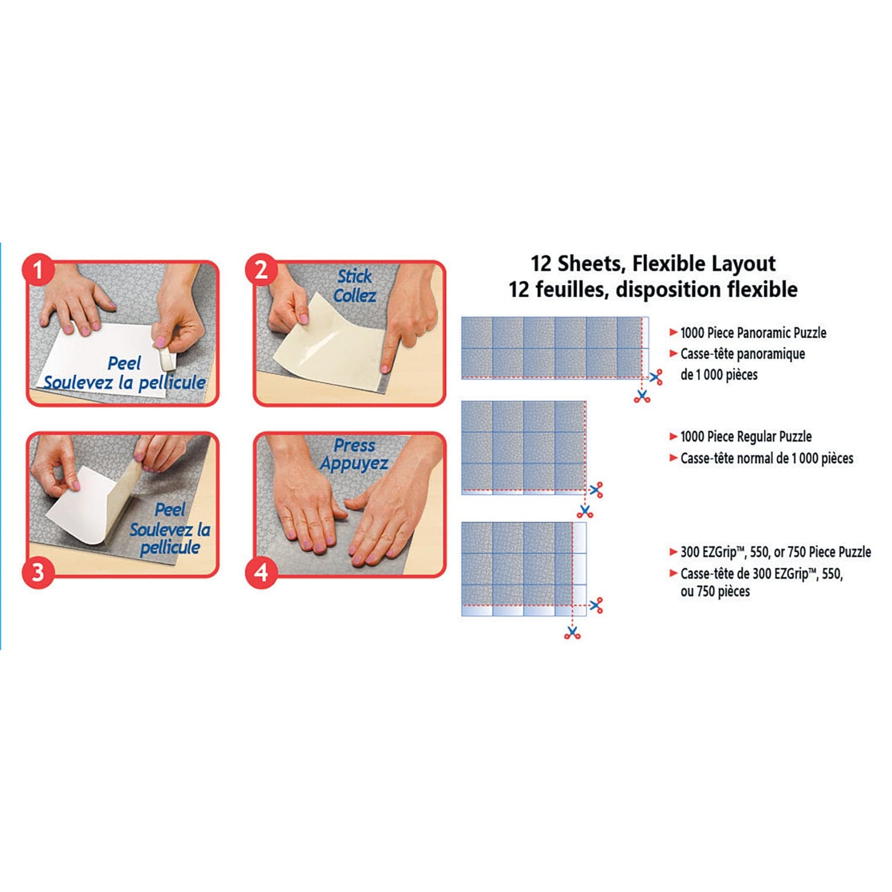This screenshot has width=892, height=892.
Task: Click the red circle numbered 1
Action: pyautogui.click(x=38, y=271)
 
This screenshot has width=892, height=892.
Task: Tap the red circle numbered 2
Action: pyautogui.click(x=261, y=271)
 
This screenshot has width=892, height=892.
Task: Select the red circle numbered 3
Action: pyautogui.click(x=38, y=572)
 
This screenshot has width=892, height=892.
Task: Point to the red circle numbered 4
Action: pyautogui.click(x=261, y=573)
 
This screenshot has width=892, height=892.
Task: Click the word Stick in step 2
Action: pyautogui.click(x=354, y=277)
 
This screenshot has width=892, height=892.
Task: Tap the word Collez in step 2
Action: pyautogui.click(x=354, y=296)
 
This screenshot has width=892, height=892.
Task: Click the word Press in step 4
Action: pyautogui.click(x=354, y=445)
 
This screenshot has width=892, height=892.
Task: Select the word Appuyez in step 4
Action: pyautogui.click(x=354, y=463)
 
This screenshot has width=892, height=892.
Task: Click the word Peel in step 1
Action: pyautogui.click(x=124, y=363)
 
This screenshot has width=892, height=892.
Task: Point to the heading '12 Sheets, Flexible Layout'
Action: pyautogui.click(x=653, y=263)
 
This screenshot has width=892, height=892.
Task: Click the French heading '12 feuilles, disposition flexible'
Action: pyautogui.click(x=653, y=290)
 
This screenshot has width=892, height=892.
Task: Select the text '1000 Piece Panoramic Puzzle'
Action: pyautogui.click(x=753, y=332)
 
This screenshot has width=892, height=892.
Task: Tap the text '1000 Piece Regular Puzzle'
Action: pyautogui.click(x=746, y=436)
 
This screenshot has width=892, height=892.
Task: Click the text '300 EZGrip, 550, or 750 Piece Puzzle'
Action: pyautogui.click(x=775, y=552)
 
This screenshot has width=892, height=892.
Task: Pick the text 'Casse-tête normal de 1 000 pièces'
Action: pyautogui.click(x=767, y=458)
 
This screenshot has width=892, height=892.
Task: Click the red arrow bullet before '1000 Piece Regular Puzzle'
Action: pyautogui.click(x=673, y=436)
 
